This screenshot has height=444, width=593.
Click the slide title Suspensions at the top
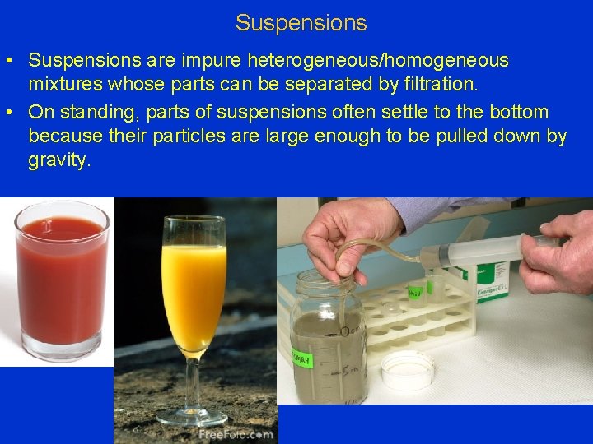coord(301,22)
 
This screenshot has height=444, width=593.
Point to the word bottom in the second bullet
coord(518,111)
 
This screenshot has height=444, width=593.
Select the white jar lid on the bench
coord(407,369)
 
